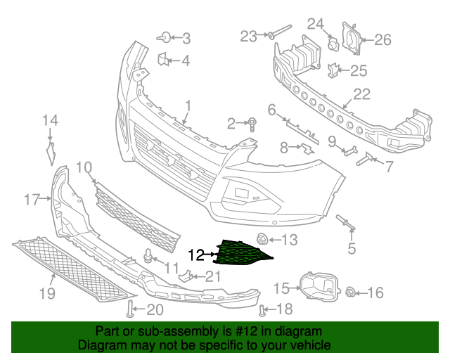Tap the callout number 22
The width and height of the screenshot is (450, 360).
point(361,94)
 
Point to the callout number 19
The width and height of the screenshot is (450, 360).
point(46,293)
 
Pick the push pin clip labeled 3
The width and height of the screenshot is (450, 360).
point(164,37)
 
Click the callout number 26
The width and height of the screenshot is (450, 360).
point(382,39)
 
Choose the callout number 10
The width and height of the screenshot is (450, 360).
point(84,167)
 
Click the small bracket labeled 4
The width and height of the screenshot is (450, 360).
point(162,60)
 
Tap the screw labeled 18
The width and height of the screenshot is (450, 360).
point(264,309)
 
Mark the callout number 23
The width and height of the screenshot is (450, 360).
point(249,36)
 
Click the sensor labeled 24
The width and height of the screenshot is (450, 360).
point(334,45)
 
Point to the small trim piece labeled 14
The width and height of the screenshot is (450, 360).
point(51,151)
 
